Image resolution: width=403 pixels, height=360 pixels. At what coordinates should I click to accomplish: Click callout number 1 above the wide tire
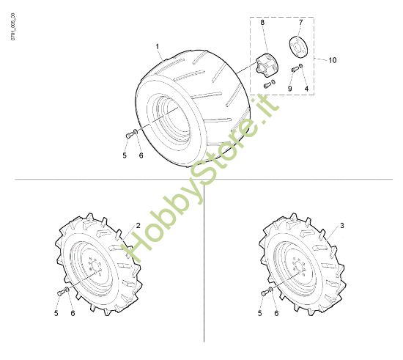click(158, 47)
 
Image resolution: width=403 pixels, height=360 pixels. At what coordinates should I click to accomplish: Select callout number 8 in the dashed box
click(262, 23)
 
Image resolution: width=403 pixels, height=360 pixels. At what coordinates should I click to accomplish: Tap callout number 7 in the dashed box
click(300, 23)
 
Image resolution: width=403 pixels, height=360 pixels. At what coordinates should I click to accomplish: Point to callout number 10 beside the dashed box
click(333, 60)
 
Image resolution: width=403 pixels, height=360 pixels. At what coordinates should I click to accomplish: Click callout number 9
click(290, 89)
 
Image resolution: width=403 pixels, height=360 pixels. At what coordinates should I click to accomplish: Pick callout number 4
click(306, 89)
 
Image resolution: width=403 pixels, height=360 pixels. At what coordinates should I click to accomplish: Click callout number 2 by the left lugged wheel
click(138, 226)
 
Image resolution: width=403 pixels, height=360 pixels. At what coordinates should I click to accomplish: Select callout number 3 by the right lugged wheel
click(342, 226)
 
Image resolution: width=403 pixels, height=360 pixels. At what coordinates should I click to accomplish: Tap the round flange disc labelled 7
click(298, 47)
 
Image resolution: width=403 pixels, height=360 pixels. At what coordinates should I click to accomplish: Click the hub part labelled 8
click(267, 65)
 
